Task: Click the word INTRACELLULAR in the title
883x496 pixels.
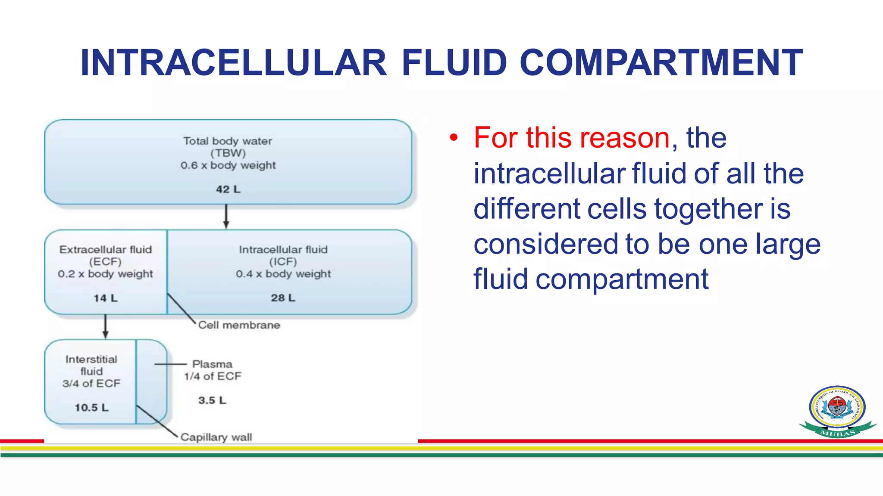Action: point(233,63)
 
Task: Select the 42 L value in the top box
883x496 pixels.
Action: point(228,189)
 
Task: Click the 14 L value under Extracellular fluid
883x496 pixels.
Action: point(106,298)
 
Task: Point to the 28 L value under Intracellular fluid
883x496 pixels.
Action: point(283,298)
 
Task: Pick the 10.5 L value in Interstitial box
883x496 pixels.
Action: point(91,407)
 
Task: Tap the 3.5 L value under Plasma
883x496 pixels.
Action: point(212,400)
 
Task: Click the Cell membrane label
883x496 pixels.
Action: point(239,325)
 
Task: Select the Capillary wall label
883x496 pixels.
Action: point(216,437)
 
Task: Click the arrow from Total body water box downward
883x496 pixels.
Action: point(226,217)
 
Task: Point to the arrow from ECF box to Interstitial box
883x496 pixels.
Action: point(105,326)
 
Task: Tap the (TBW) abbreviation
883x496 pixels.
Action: point(228,153)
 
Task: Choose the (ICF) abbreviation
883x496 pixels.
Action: point(283,262)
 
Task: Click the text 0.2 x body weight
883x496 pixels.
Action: point(106,274)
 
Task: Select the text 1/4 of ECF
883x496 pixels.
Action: point(213,376)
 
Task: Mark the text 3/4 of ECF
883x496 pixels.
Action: point(91,383)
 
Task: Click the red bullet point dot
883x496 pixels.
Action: point(453,138)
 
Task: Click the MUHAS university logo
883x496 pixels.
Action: point(837,411)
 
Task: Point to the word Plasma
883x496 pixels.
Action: point(212,364)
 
